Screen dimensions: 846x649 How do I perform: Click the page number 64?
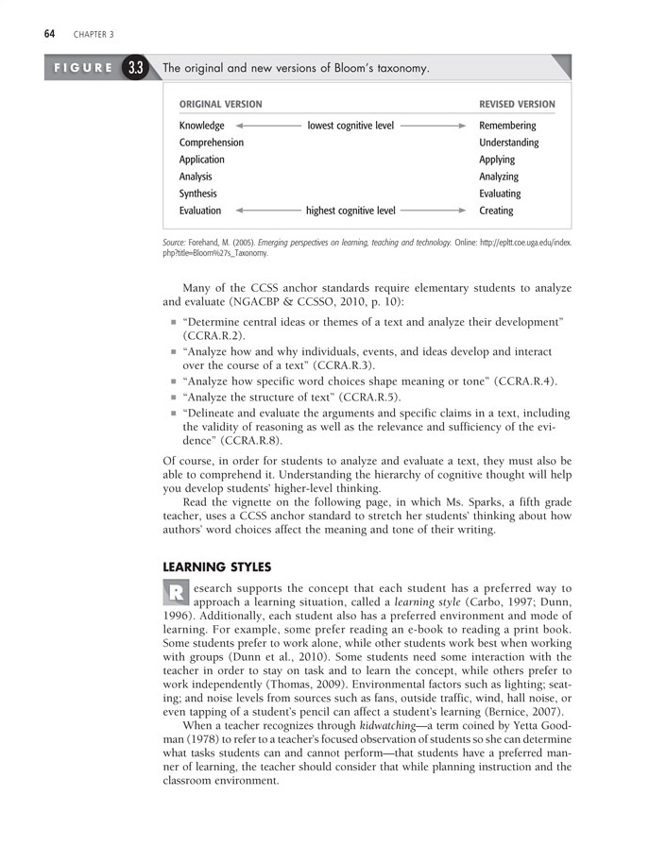[x=47, y=34]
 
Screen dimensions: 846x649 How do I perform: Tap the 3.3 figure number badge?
[x=136, y=68]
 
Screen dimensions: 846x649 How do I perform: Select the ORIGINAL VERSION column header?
[x=220, y=104]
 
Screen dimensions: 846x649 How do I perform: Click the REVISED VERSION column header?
[x=517, y=104]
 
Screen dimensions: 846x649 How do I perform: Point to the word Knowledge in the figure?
[x=201, y=126]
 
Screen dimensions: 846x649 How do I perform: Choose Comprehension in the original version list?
[x=211, y=143]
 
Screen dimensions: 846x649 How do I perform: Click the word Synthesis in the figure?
[x=197, y=194]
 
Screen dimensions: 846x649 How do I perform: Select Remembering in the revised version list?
[x=507, y=126]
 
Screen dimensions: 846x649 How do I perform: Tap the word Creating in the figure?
[x=496, y=211]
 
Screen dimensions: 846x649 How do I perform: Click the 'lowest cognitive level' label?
[x=350, y=126]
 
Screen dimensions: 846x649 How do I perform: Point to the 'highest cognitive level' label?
[x=350, y=211]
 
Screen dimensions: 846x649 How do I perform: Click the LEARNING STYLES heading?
[x=217, y=567]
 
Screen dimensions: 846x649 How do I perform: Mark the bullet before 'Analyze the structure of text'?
[x=173, y=398]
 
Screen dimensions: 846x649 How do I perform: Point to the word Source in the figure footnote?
[x=175, y=243]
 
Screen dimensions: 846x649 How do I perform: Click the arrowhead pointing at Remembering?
[x=462, y=126]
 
